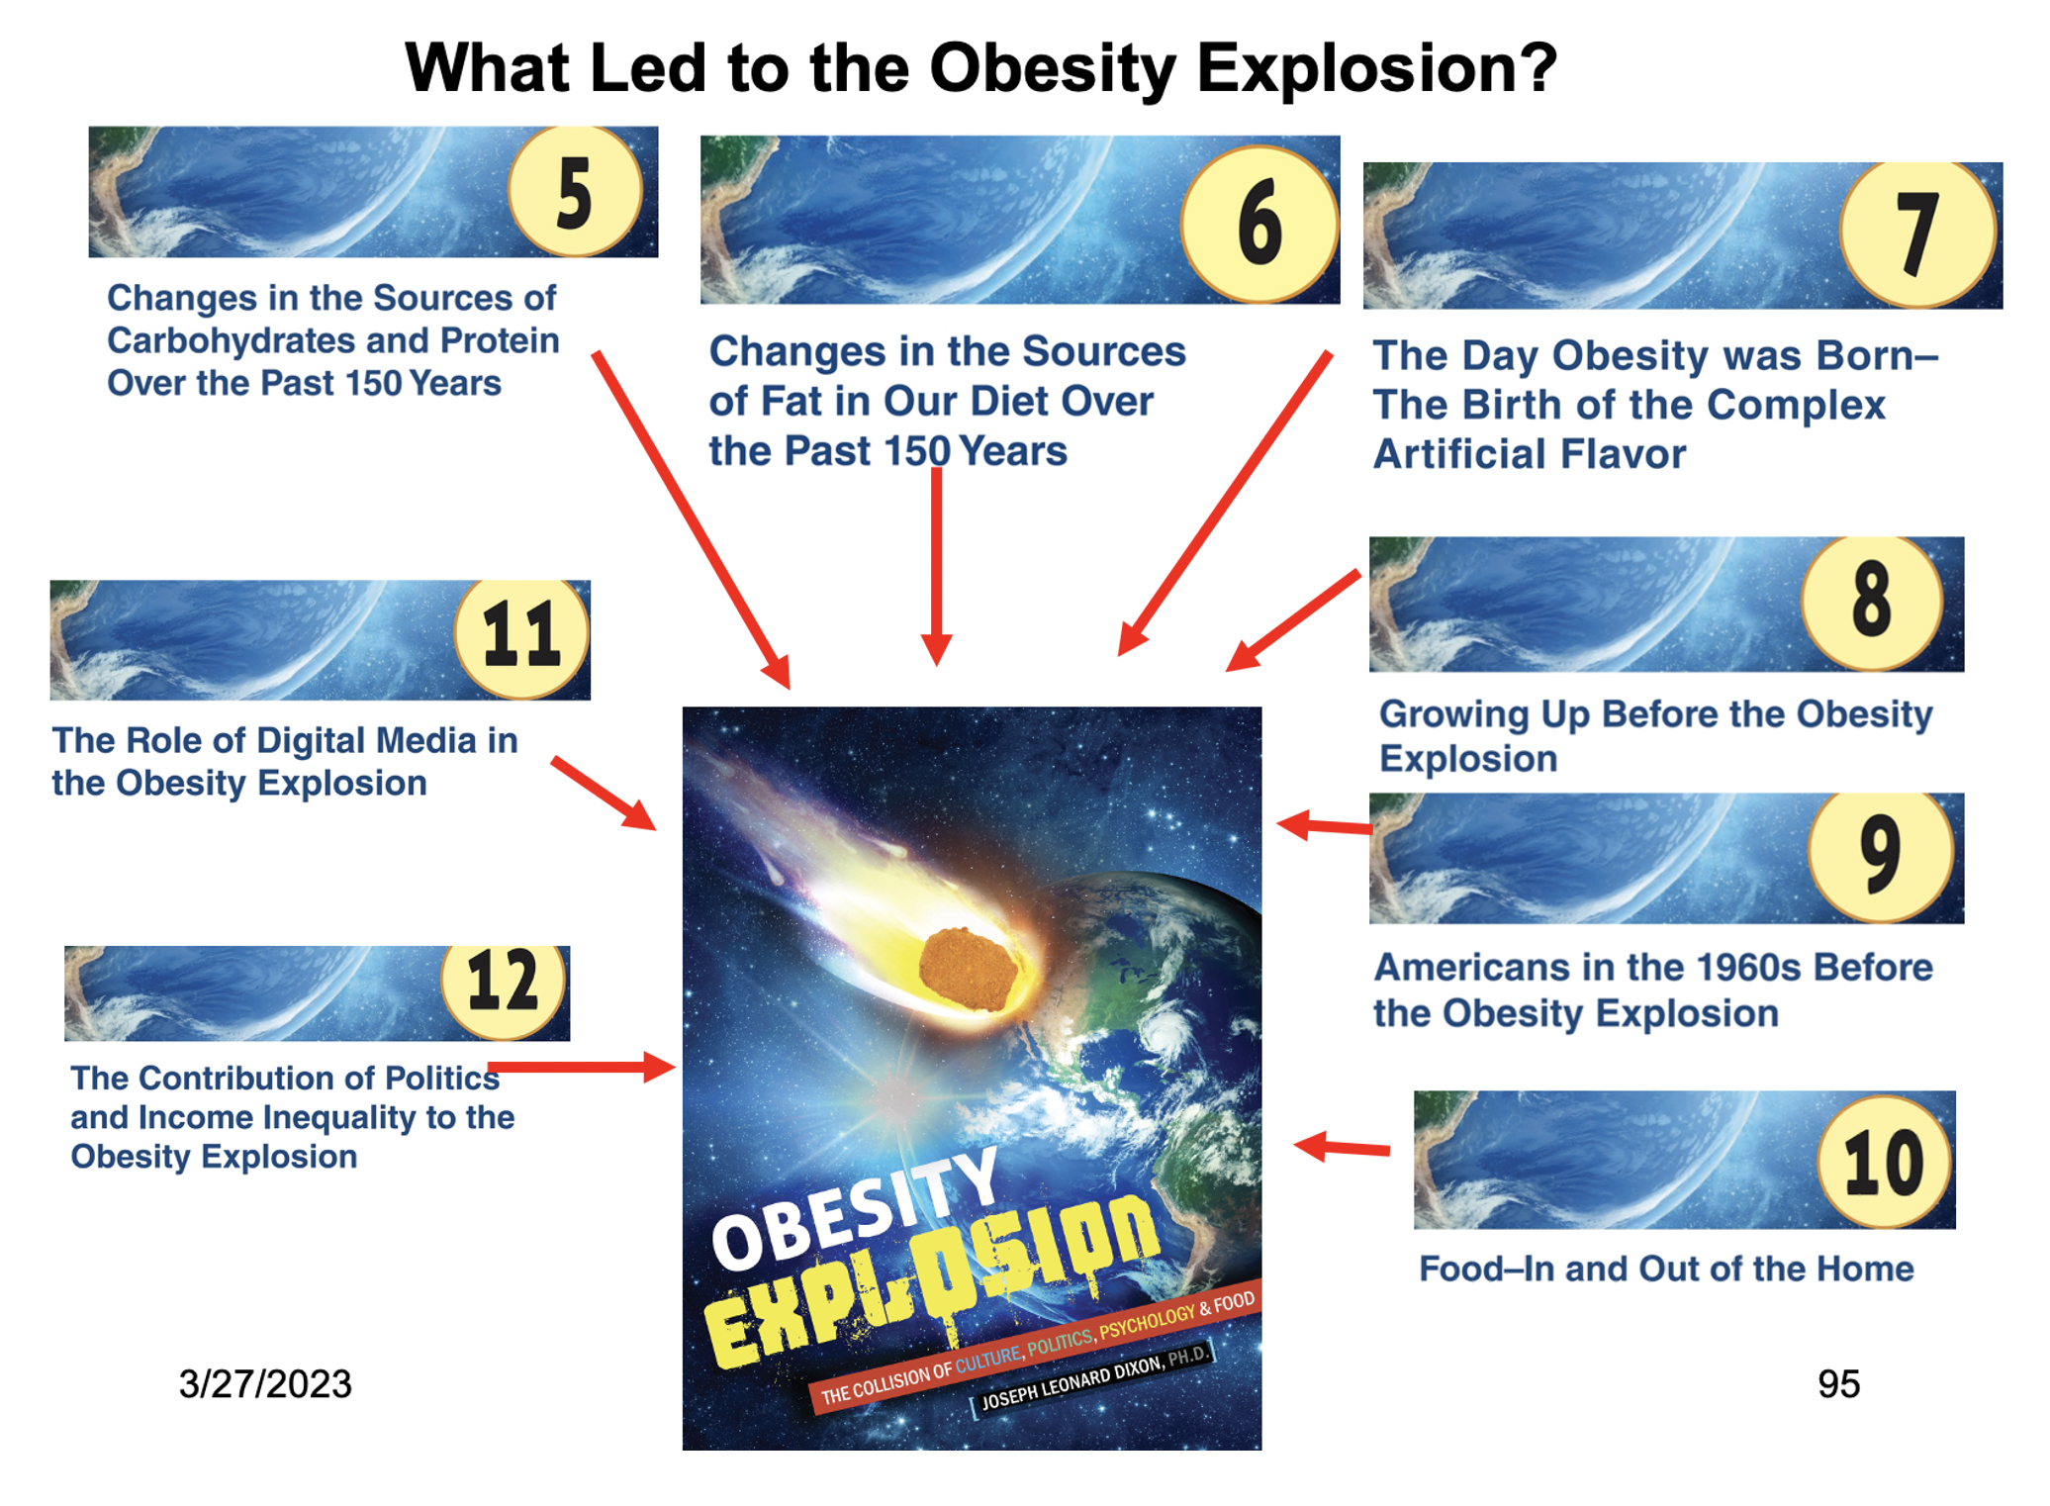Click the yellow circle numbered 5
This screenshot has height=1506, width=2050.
click(575, 191)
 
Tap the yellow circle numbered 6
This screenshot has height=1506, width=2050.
click(1259, 224)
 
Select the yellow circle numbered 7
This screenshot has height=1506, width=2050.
click(1917, 234)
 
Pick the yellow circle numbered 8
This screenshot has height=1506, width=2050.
click(1872, 602)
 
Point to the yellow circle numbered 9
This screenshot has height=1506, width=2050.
click(1881, 856)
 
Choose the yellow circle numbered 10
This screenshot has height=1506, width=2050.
click(1885, 1161)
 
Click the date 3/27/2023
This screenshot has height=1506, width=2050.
click(265, 1383)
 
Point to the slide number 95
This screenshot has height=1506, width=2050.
click(1838, 1383)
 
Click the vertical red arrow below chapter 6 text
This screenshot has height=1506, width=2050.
click(936, 566)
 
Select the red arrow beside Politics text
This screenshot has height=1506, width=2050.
click(582, 1067)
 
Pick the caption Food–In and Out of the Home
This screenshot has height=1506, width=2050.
click(1666, 1269)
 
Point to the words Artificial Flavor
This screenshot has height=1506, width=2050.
click(1530, 454)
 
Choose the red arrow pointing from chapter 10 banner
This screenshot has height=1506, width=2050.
click(1342, 1148)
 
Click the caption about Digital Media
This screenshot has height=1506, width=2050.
click(285, 761)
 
